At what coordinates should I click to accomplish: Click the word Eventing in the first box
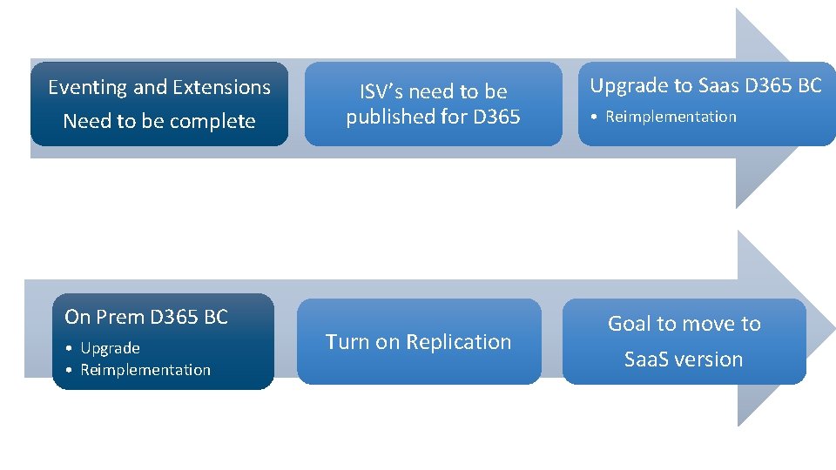pos(87,88)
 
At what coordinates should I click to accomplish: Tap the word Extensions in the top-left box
pos(221,88)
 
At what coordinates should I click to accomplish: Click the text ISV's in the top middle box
pos(381,91)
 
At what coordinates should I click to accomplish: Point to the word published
pos(387,117)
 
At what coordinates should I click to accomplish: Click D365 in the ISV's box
pos(495,117)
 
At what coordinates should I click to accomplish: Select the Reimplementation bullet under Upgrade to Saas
pos(671,117)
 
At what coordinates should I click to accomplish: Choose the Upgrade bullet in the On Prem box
pos(110,348)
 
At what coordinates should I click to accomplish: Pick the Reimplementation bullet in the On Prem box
pos(145,370)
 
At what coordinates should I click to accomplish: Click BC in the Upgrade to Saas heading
pos(809,85)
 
